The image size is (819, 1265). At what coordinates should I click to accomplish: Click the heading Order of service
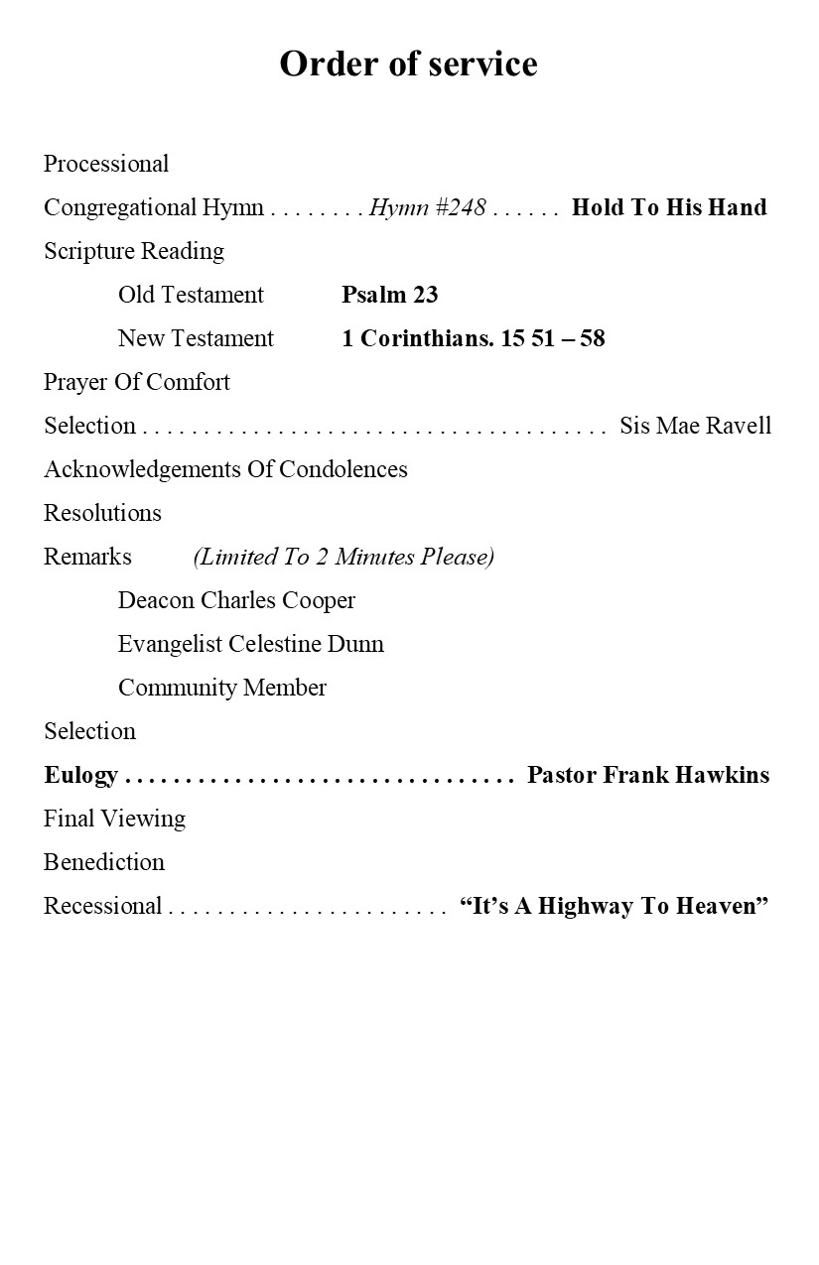click(408, 63)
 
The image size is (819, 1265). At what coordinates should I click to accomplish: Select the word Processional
click(106, 164)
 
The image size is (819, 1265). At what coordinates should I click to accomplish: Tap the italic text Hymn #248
click(427, 207)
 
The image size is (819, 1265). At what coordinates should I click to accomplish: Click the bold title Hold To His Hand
click(669, 207)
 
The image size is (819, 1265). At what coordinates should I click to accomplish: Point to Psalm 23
click(389, 295)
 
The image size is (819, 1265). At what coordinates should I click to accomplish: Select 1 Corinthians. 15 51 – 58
click(473, 338)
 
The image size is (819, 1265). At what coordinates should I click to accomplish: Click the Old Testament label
click(191, 295)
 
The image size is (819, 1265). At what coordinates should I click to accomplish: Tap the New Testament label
click(196, 338)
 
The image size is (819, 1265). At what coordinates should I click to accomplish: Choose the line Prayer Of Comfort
click(137, 382)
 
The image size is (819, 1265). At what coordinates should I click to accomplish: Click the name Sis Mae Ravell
click(695, 426)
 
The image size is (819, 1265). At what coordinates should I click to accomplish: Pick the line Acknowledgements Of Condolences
click(225, 469)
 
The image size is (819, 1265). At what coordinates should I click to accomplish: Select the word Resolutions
click(102, 513)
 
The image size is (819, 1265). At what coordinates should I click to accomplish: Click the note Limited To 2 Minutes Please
click(343, 557)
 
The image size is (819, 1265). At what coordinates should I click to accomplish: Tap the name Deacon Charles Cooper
click(236, 600)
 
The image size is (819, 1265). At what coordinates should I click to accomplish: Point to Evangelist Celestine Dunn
click(250, 644)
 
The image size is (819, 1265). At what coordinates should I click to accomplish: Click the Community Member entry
click(221, 688)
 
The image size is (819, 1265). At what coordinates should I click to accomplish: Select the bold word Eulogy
click(80, 775)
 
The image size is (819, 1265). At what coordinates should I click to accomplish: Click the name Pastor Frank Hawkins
click(647, 775)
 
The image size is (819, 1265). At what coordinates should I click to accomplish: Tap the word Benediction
click(104, 862)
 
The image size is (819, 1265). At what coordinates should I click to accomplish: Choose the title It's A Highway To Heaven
click(614, 906)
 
